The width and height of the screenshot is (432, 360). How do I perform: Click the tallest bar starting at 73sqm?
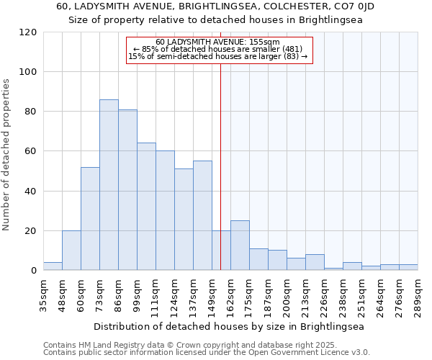pos(109,185)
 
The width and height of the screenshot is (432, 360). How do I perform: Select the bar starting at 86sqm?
pos(127,190)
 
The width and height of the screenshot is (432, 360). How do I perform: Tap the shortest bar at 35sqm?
pos(53,266)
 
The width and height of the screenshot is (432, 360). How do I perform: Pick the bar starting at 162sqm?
pos(240,246)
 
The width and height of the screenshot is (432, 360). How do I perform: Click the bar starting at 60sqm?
pos(90,219)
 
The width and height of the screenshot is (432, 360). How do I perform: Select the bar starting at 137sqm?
pos(202,215)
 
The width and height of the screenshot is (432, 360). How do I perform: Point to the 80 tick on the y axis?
pos(31,112)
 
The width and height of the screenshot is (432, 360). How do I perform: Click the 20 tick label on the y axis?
pos(31,231)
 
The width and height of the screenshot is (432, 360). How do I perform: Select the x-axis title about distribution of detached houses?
pos(229,326)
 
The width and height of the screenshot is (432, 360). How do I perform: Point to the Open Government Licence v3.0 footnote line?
pos(207,353)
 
